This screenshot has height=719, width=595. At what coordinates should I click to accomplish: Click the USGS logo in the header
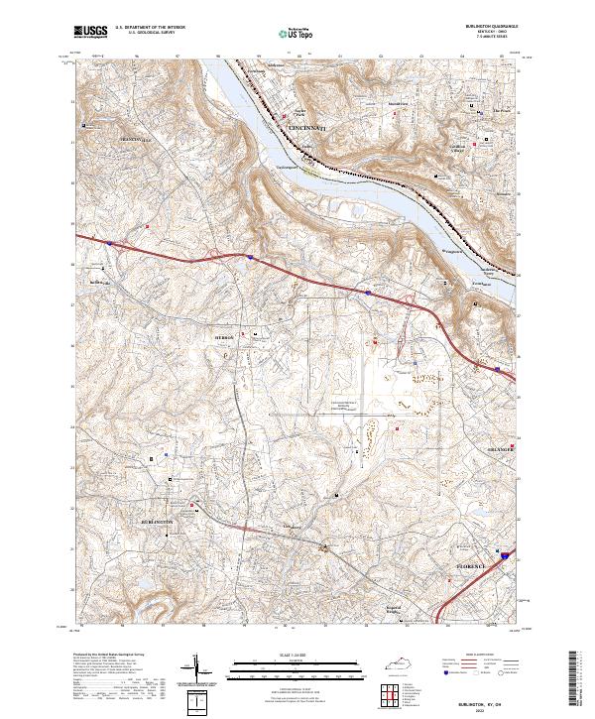(x=91, y=32)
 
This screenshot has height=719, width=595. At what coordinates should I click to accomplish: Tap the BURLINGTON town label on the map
(x=158, y=522)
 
